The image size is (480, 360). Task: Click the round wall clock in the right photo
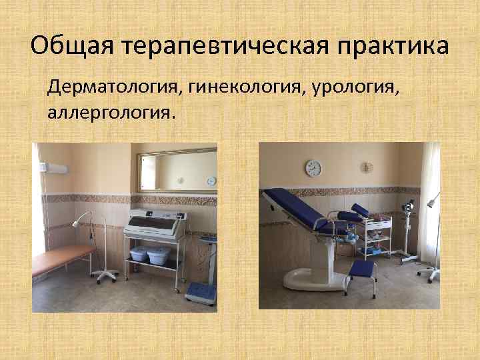313,168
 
